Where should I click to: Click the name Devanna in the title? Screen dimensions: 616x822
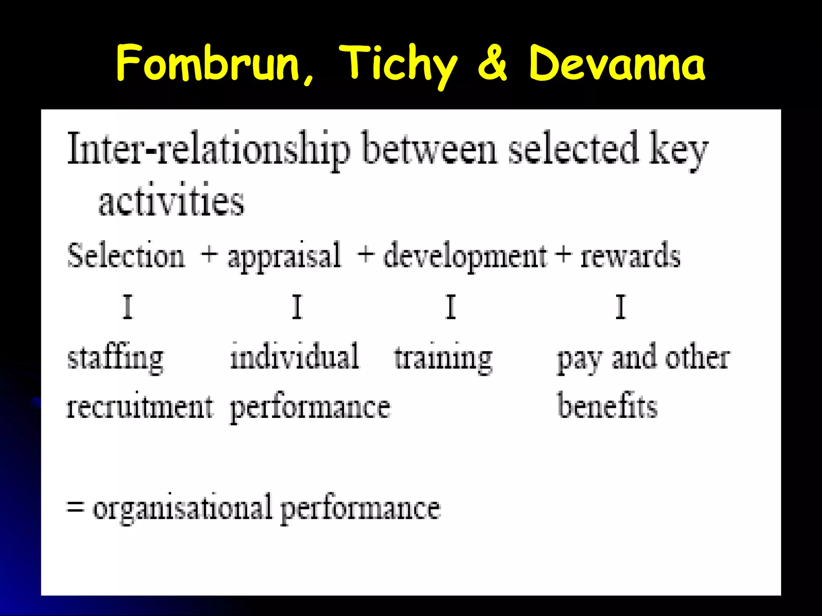616,63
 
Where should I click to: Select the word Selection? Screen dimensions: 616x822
126,255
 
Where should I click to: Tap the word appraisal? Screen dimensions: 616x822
284,257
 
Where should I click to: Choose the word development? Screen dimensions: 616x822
465,257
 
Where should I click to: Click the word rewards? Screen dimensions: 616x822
630,256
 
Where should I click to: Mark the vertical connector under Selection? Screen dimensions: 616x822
128,307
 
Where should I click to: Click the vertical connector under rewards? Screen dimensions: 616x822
621,307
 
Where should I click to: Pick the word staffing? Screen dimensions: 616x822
116,358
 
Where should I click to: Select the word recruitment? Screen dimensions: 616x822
139,407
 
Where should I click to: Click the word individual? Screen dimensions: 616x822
295,356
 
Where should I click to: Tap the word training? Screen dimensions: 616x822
443,358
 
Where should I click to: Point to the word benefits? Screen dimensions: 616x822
607,406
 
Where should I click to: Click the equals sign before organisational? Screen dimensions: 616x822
75,507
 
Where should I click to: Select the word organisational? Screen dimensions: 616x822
182,509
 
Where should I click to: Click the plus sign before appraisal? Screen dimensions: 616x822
209,254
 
